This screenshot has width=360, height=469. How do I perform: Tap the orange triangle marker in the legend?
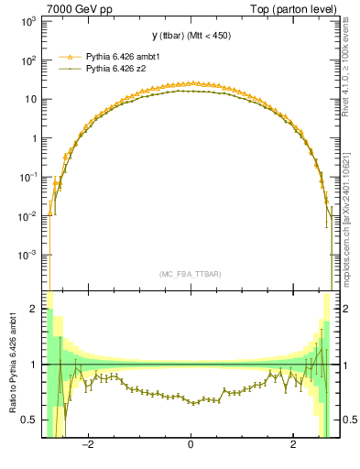(x=67, y=56)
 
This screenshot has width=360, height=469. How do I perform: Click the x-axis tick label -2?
(x=88, y=446)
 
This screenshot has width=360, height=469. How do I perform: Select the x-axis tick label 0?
(x=191, y=446)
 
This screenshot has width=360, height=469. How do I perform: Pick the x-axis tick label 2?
(x=292, y=446)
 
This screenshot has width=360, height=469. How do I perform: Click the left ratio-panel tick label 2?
(x=35, y=310)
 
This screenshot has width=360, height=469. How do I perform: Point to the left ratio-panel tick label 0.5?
(x=31, y=420)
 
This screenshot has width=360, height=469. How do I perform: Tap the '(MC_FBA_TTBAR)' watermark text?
(x=191, y=275)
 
